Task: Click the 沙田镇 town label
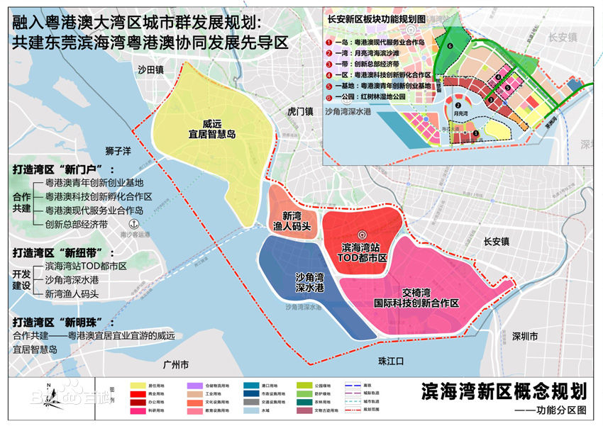[151, 69]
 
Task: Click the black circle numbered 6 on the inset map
[449, 45]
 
